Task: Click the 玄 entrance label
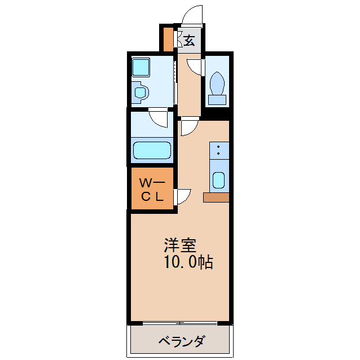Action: [189, 41]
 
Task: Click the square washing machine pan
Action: [139, 69]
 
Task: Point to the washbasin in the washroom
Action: [140, 91]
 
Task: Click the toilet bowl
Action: [217, 84]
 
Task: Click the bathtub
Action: [151, 151]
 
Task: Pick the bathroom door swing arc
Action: [159, 118]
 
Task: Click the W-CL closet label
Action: [151, 190]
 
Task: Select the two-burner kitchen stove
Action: [219, 151]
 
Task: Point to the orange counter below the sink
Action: [217, 197]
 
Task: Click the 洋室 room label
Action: [180, 246]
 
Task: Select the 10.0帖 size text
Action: [188, 262]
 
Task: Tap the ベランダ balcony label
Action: [181, 341]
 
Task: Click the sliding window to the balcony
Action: [179, 323]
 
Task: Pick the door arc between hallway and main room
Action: [187, 128]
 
